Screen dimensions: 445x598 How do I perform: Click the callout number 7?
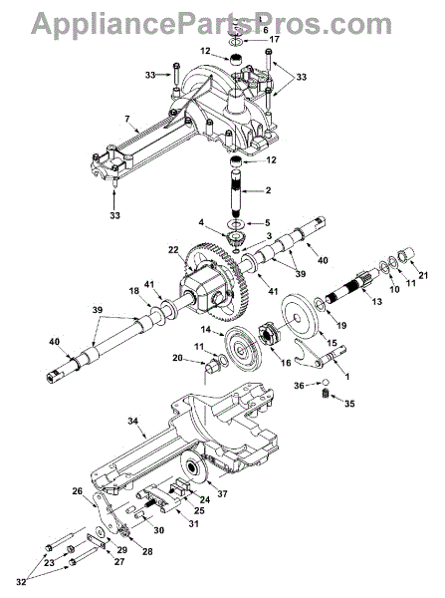click(x=126, y=121)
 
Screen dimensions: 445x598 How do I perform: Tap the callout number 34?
click(x=132, y=421)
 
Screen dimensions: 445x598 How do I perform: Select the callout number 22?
click(x=172, y=249)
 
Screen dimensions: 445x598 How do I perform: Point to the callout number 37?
click(x=222, y=494)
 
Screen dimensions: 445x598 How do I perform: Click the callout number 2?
click(x=268, y=190)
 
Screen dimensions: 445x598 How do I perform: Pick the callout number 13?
click(x=376, y=302)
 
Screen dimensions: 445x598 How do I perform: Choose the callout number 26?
click(x=77, y=490)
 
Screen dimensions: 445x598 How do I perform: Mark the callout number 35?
click(x=349, y=403)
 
